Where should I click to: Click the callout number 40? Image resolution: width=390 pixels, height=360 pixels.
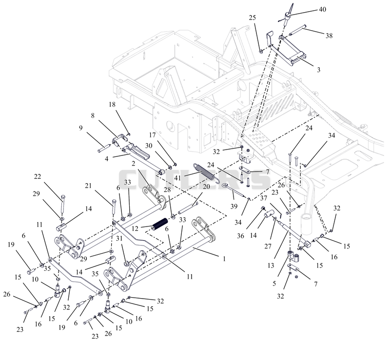pyautogui.click(x=322, y=9)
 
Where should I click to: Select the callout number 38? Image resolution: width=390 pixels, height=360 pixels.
pyautogui.click(x=329, y=36)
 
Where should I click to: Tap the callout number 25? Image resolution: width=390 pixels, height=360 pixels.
pyautogui.click(x=252, y=18)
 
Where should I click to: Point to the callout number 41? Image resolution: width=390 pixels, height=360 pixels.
pyautogui.click(x=177, y=178)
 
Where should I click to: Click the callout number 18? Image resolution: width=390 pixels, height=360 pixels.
pyautogui.click(x=112, y=104)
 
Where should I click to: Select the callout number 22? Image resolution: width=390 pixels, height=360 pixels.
pyautogui.click(x=38, y=176)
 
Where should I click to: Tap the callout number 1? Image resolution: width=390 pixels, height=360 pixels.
pyautogui.click(x=224, y=259)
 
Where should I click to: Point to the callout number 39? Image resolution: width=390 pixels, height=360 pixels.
pyautogui.click(x=234, y=206)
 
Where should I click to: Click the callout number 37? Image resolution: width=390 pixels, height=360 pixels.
pyautogui.click(x=264, y=198)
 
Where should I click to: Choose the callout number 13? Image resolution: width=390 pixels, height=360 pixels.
pyautogui.click(x=271, y=265)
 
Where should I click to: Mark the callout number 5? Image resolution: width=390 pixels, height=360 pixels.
pyautogui.click(x=274, y=284)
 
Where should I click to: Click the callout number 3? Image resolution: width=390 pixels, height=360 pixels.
pyautogui.click(x=319, y=70)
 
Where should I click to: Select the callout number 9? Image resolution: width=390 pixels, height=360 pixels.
pyautogui.click(x=80, y=128)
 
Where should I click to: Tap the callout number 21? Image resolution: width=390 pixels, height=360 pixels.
pyautogui.click(x=88, y=186)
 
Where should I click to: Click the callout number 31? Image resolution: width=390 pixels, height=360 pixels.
pyautogui.click(x=119, y=238)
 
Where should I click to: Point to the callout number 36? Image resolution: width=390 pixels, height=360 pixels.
pyautogui.click(x=240, y=236)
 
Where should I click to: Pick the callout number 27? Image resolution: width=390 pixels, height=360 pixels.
pyautogui.click(x=268, y=246)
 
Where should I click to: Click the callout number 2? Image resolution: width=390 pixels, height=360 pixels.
pyautogui.click(x=133, y=164)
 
